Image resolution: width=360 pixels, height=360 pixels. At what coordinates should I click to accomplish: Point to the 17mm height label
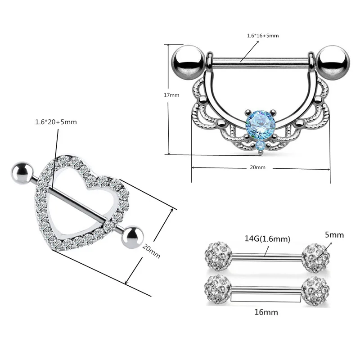(172, 95)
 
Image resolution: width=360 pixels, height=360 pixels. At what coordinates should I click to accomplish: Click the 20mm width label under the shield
(257, 167)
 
